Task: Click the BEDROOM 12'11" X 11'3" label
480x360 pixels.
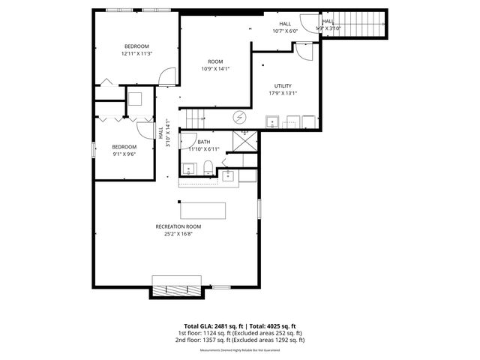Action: pyautogui.click(x=136, y=50)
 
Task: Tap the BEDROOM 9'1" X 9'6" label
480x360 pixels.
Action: pyautogui.click(x=124, y=150)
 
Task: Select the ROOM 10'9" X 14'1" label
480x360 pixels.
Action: pyautogui.click(x=215, y=65)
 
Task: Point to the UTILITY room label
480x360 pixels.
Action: pyautogui.click(x=283, y=89)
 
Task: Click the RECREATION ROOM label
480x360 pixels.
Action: pyautogui.click(x=178, y=229)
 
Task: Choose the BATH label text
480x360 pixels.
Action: pyautogui.click(x=204, y=145)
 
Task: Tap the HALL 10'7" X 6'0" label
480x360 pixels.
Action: pyautogui.click(x=285, y=27)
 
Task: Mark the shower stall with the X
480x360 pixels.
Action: pyautogui.click(x=245, y=140)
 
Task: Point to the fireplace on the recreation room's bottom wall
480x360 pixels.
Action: pyautogui.click(x=177, y=286)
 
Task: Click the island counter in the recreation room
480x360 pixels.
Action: pyautogui.click(x=202, y=208)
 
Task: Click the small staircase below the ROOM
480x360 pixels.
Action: pyautogui.click(x=196, y=118)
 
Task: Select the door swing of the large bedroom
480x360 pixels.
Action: pyautogui.click(x=167, y=75)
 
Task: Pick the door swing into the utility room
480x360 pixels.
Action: pyautogui.click(x=302, y=52)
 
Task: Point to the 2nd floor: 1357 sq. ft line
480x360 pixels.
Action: pyautogui.click(x=240, y=340)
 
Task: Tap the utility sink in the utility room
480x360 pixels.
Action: pyautogui.click(x=273, y=121)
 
